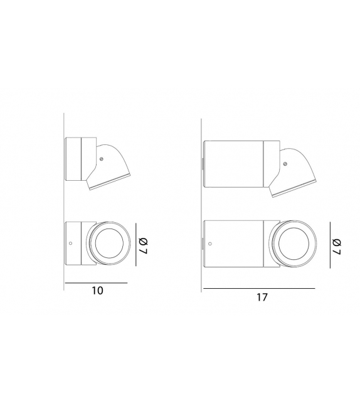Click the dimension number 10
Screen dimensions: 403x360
coord(97,291)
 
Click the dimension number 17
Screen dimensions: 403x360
coord(262,298)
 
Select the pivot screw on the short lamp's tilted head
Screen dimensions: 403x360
coord(102,159)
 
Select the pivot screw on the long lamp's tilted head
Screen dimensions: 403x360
coord(285,164)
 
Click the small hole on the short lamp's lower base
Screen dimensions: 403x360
coord(71,243)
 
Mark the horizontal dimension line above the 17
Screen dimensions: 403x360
coord(258,288)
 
